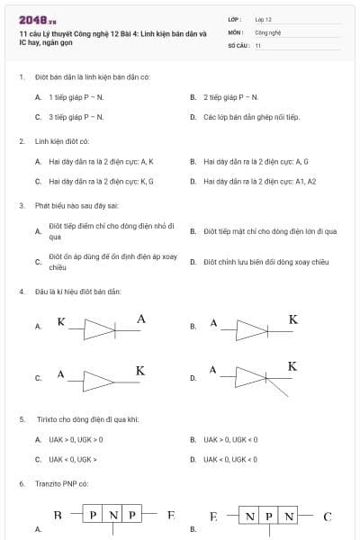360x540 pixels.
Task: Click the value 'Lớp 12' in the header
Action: tap(265, 19)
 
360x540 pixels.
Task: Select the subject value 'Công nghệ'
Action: tap(267, 31)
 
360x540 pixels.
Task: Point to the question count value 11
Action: tap(258, 44)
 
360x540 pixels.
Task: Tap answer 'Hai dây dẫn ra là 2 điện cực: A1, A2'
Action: tap(259, 181)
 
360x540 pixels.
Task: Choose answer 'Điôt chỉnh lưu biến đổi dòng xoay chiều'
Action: tap(265, 262)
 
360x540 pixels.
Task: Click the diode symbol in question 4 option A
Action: tap(100, 328)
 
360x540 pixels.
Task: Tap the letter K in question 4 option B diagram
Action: tap(292, 319)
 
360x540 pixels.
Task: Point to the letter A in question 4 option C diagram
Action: tap(60, 373)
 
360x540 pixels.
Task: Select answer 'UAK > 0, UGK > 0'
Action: tap(76, 439)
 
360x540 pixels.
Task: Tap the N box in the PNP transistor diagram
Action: tap(112, 516)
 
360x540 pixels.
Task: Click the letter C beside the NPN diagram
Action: tap(328, 517)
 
